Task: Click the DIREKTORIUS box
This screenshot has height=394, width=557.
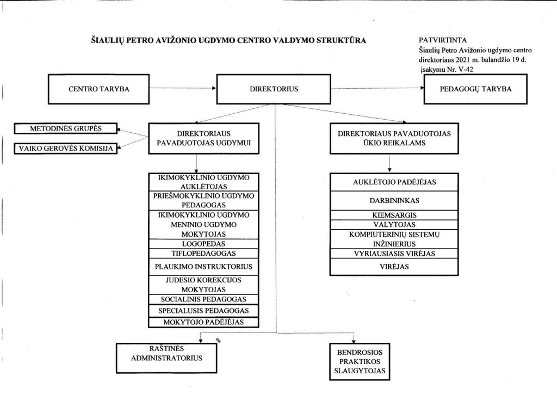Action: coord(274,89)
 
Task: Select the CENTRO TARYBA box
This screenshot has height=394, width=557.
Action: coord(98,89)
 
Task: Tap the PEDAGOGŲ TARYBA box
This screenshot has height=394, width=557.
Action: coord(475,89)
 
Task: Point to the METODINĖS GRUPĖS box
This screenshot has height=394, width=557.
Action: coord(66,128)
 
